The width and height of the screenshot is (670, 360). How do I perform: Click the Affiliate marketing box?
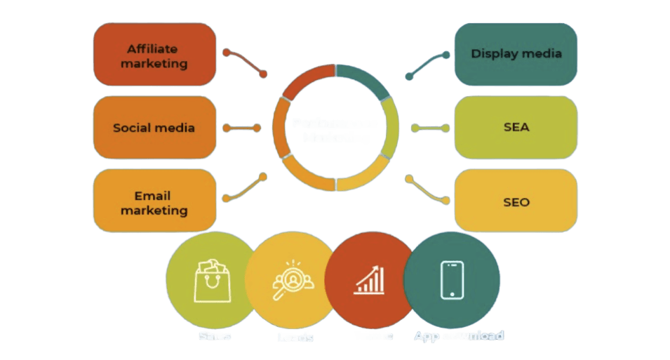pyautogui.click(x=154, y=55)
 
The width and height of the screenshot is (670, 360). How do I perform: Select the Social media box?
pyautogui.click(x=154, y=128)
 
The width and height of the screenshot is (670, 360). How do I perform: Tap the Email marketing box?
pyautogui.click(x=154, y=202)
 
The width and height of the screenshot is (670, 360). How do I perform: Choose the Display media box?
pyautogui.click(x=516, y=54)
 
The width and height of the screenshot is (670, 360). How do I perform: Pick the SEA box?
pyautogui.click(x=516, y=128)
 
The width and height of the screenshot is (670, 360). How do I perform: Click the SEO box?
pyautogui.click(x=516, y=202)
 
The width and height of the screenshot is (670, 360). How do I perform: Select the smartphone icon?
pyautogui.click(x=452, y=279)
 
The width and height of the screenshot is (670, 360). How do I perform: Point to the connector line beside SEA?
pyautogui.click(x=429, y=128)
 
